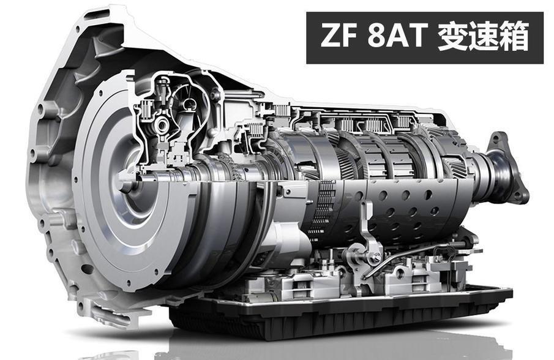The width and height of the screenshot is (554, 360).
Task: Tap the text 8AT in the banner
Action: pyautogui.click(x=395, y=36)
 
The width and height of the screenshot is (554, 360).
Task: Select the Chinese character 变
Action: pyautogui.click(x=452, y=36)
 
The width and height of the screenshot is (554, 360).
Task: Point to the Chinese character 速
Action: pyautogui.click(x=482, y=36)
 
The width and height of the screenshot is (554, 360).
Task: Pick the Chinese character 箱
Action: pyautogui.click(x=514, y=36)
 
